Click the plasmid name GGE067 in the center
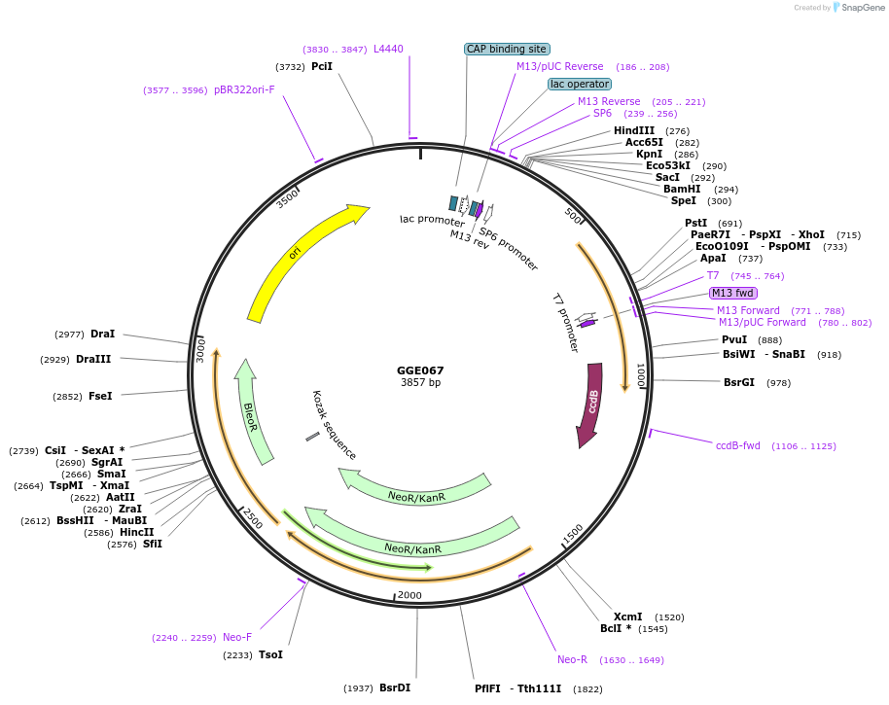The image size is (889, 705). pyautogui.click(x=420, y=370)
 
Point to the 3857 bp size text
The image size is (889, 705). pyautogui.click(x=420, y=382)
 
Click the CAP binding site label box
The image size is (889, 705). pyautogui.click(x=507, y=49)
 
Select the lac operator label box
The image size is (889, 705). pyautogui.click(x=580, y=84)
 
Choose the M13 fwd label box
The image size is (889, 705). pyautogui.click(x=733, y=293)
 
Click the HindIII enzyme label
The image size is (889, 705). pyautogui.click(x=634, y=131)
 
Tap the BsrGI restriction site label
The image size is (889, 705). pyautogui.click(x=739, y=382)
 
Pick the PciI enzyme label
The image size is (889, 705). pyautogui.click(x=322, y=67)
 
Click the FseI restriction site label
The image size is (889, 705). pyautogui.click(x=101, y=396)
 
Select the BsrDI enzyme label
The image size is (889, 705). pyautogui.click(x=395, y=687)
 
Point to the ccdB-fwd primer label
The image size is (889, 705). pyautogui.click(x=738, y=445)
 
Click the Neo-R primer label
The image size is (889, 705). pyautogui.click(x=572, y=659)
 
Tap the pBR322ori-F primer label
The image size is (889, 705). pyautogui.click(x=244, y=89)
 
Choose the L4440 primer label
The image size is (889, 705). pyautogui.click(x=388, y=49)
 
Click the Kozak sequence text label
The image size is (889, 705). pyautogui.click(x=334, y=425)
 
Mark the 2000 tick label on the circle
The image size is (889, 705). pyautogui.click(x=409, y=595)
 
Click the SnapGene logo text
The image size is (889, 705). pyautogui.click(x=863, y=8)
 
